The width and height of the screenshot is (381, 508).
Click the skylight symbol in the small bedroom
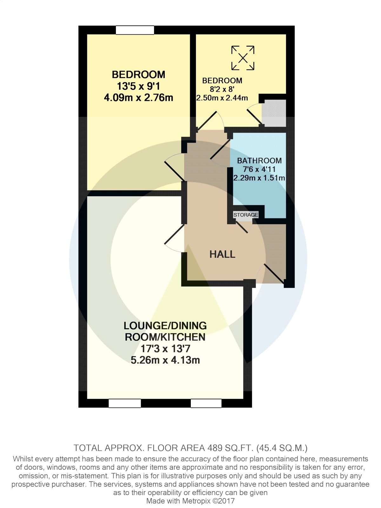[x=243, y=58]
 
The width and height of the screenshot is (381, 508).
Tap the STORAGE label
[x=246, y=215]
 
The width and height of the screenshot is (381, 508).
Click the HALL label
[x=222, y=254]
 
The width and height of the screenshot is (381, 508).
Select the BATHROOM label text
[x=259, y=161]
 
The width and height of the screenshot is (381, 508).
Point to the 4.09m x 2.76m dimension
[x=138, y=97]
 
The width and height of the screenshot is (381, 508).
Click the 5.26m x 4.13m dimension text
[x=165, y=360]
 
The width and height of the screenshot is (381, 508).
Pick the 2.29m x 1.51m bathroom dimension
[x=259, y=178]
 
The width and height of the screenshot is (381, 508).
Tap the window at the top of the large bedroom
[x=135, y=30]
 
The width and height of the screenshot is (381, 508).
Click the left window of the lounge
[x=125, y=403]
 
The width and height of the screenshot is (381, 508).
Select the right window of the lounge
[x=206, y=403]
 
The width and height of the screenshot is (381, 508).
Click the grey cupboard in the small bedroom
[x=274, y=113]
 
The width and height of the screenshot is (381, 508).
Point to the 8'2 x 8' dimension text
[x=222, y=89]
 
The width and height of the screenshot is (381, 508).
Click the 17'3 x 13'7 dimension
[x=165, y=349]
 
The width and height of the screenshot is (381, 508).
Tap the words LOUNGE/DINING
[x=165, y=326]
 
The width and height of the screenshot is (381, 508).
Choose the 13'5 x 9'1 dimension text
[x=138, y=86]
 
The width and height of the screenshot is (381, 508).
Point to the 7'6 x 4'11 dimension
[x=259, y=169]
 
